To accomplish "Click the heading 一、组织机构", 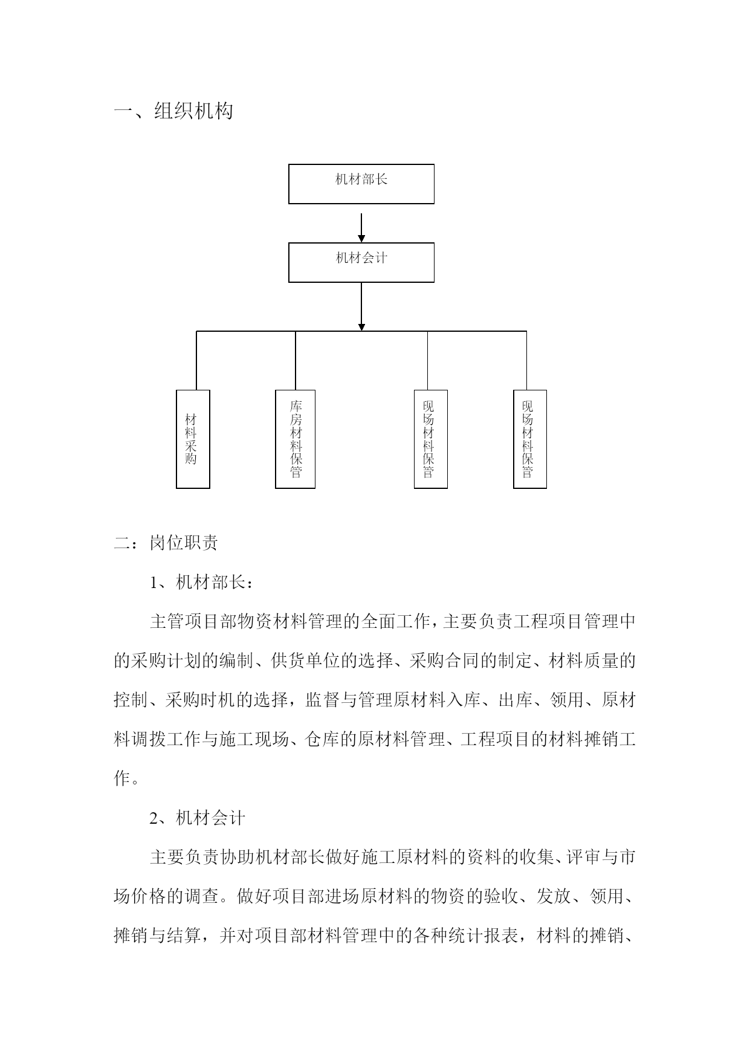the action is (x=174, y=111).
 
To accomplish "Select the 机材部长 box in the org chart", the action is (x=361, y=184).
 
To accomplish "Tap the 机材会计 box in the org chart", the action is (x=361, y=262).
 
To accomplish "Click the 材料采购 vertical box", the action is (x=193, y=439).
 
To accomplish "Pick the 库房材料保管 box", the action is (x=295, y=439).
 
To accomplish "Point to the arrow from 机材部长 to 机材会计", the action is (x=361, y=228).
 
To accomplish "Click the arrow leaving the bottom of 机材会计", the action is (x=361, y=306).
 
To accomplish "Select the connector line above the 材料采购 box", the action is (x=196, y=361).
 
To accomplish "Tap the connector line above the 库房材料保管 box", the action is (x=296, y=361).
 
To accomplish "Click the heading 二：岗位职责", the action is (x=166, y=543).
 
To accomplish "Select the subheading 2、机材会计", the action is (x=198, y=818).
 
